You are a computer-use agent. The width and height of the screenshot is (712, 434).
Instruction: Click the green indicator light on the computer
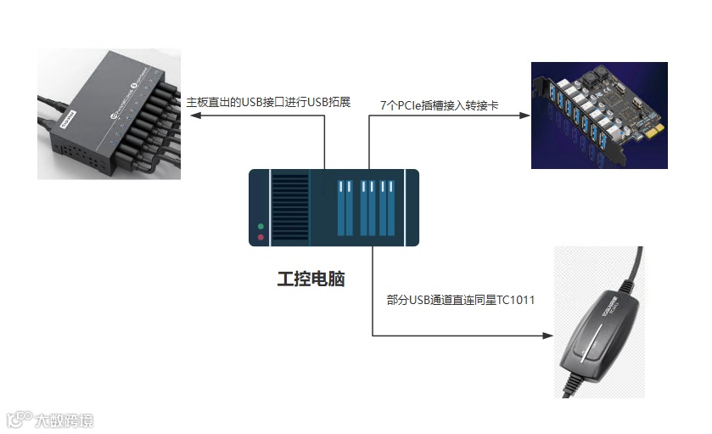261,227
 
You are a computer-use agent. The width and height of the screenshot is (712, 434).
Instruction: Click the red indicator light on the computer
261,237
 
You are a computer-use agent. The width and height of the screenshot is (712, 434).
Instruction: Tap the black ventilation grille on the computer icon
290,208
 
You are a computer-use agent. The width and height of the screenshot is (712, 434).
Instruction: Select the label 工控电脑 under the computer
311,279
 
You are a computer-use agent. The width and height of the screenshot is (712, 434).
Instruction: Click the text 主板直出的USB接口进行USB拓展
268,103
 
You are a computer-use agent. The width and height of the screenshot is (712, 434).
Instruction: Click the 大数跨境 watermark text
64,420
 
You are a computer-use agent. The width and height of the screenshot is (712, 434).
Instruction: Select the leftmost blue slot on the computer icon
345,208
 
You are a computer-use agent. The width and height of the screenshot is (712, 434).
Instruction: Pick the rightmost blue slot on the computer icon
390,208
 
